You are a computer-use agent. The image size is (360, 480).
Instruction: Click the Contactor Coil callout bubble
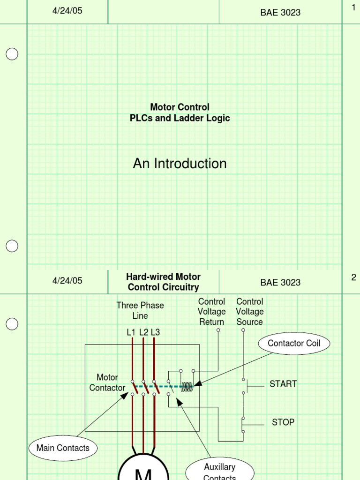[294, 344]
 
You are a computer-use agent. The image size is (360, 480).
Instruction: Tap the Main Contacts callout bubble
[63, 448]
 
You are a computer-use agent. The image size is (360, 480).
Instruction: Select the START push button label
[283, 384]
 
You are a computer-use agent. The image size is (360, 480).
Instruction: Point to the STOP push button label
[283, 422]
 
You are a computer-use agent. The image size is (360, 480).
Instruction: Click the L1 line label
[131, 332]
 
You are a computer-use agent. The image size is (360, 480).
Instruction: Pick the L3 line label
[156, 332]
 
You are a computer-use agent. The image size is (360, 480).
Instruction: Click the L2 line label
[143, 332]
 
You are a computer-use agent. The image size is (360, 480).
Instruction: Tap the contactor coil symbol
[187, 387]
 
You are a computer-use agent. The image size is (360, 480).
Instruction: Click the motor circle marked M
[143, 471]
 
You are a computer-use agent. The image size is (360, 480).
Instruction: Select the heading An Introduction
[180, 164]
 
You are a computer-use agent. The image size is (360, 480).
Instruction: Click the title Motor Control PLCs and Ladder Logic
[180, 113]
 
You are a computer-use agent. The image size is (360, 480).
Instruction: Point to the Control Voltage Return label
[211, 312]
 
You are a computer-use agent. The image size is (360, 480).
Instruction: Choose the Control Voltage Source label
[249, 312]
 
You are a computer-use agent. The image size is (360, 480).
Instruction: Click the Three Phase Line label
[140, 310]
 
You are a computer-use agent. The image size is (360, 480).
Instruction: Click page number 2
[353, 277]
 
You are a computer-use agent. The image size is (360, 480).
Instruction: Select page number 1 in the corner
[353, 7]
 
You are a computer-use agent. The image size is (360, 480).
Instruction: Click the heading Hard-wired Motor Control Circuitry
[163, 282]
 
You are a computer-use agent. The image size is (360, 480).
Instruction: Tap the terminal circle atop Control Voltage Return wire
[218, 330]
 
